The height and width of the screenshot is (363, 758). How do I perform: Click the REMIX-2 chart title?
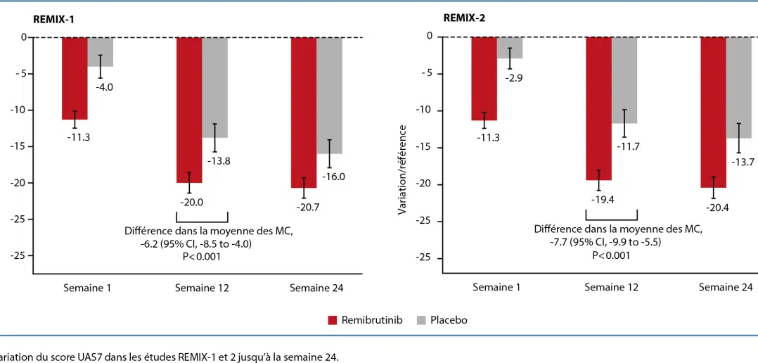463,19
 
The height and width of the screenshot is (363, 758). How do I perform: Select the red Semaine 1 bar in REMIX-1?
75,77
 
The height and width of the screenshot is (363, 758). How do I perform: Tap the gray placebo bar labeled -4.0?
101,51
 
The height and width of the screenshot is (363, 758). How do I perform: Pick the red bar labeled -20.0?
189,109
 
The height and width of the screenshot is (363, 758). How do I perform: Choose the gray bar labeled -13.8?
215,87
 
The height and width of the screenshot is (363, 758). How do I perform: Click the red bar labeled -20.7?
304,111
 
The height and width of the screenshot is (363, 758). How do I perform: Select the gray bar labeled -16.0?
330,94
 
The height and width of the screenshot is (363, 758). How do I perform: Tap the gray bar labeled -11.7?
624,79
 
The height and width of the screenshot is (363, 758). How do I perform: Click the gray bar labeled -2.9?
510,47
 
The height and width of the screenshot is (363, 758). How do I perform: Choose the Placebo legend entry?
442,320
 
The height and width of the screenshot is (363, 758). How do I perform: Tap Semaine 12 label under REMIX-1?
202,287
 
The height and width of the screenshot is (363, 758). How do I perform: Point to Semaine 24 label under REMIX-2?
726,287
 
